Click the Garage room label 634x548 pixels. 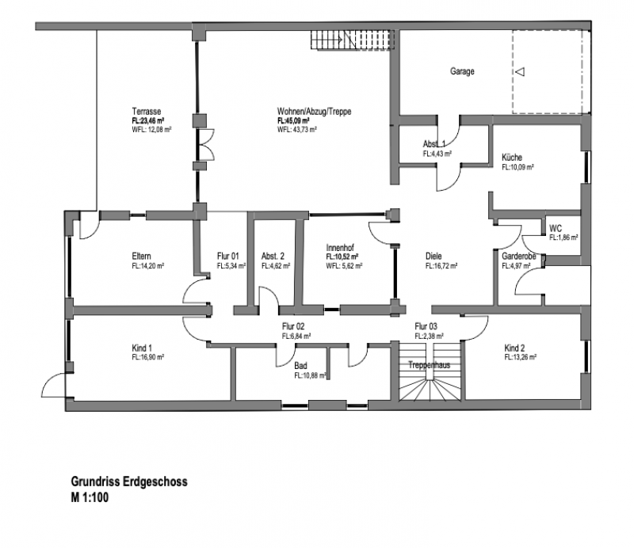pyautogui.click(x=463, y=72)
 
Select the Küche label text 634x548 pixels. pyautogui.click(x=512, y=158)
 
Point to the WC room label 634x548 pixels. pyautogui.click(x=555, y=228)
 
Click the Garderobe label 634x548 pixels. pyautogui.click(x=520, y=257)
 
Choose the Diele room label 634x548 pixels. pyautogui.click(x=433, y=257)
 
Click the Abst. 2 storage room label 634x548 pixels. pyautogui.click(x=274, y=257)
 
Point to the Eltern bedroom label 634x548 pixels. pyautogui.click(x=142, y=257)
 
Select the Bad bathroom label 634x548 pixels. pyautogui.click(x=300, y=367)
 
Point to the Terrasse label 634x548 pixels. pyautogui.click(x=147, y=112)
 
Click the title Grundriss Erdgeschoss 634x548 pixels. pyautogui.click(x=128, y=481)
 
